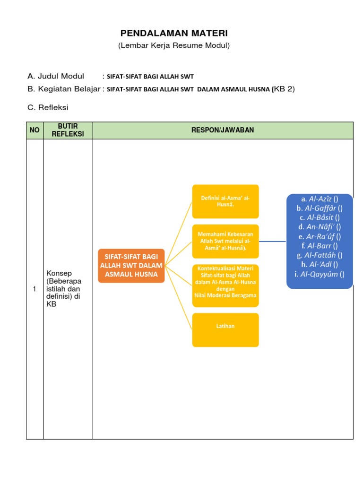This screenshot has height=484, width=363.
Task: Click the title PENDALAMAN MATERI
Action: (x=174, y=33)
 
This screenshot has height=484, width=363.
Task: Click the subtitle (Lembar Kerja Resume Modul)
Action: (x=174, y=46)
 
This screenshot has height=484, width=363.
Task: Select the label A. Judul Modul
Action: (x=56, y=76)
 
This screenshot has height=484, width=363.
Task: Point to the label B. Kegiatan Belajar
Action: (x=64, y=89)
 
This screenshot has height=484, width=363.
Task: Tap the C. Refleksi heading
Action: (x=48, y=107)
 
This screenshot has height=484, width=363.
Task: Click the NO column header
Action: (x=35, y=130)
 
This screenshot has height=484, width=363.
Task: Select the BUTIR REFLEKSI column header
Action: (x=68, y=130)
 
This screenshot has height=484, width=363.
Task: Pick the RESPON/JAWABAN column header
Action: (x=223, y=130)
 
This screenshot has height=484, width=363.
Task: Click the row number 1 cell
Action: (x=35, y=289)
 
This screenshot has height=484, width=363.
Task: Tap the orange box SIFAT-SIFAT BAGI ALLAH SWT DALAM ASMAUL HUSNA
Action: (x=131, y=266)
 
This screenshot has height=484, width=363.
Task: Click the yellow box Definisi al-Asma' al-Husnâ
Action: (x=225, y=201)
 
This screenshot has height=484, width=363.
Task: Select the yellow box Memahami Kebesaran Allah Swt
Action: (x=225, y=241)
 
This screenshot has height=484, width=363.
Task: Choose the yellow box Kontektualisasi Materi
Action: (x=225, y=285)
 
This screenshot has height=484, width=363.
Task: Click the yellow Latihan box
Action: (x=225, y=326)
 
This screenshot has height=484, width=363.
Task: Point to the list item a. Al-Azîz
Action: (x=320, y=199)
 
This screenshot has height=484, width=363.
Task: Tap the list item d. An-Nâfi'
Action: (x=320, y=227)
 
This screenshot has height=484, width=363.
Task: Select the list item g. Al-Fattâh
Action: (x=320, y=255)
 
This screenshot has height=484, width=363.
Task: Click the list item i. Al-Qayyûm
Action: (x=320, y=274)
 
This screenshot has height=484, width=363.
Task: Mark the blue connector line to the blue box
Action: (x=273, y=241)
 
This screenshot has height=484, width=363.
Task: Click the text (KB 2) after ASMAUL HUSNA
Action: (x=283, y=89)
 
